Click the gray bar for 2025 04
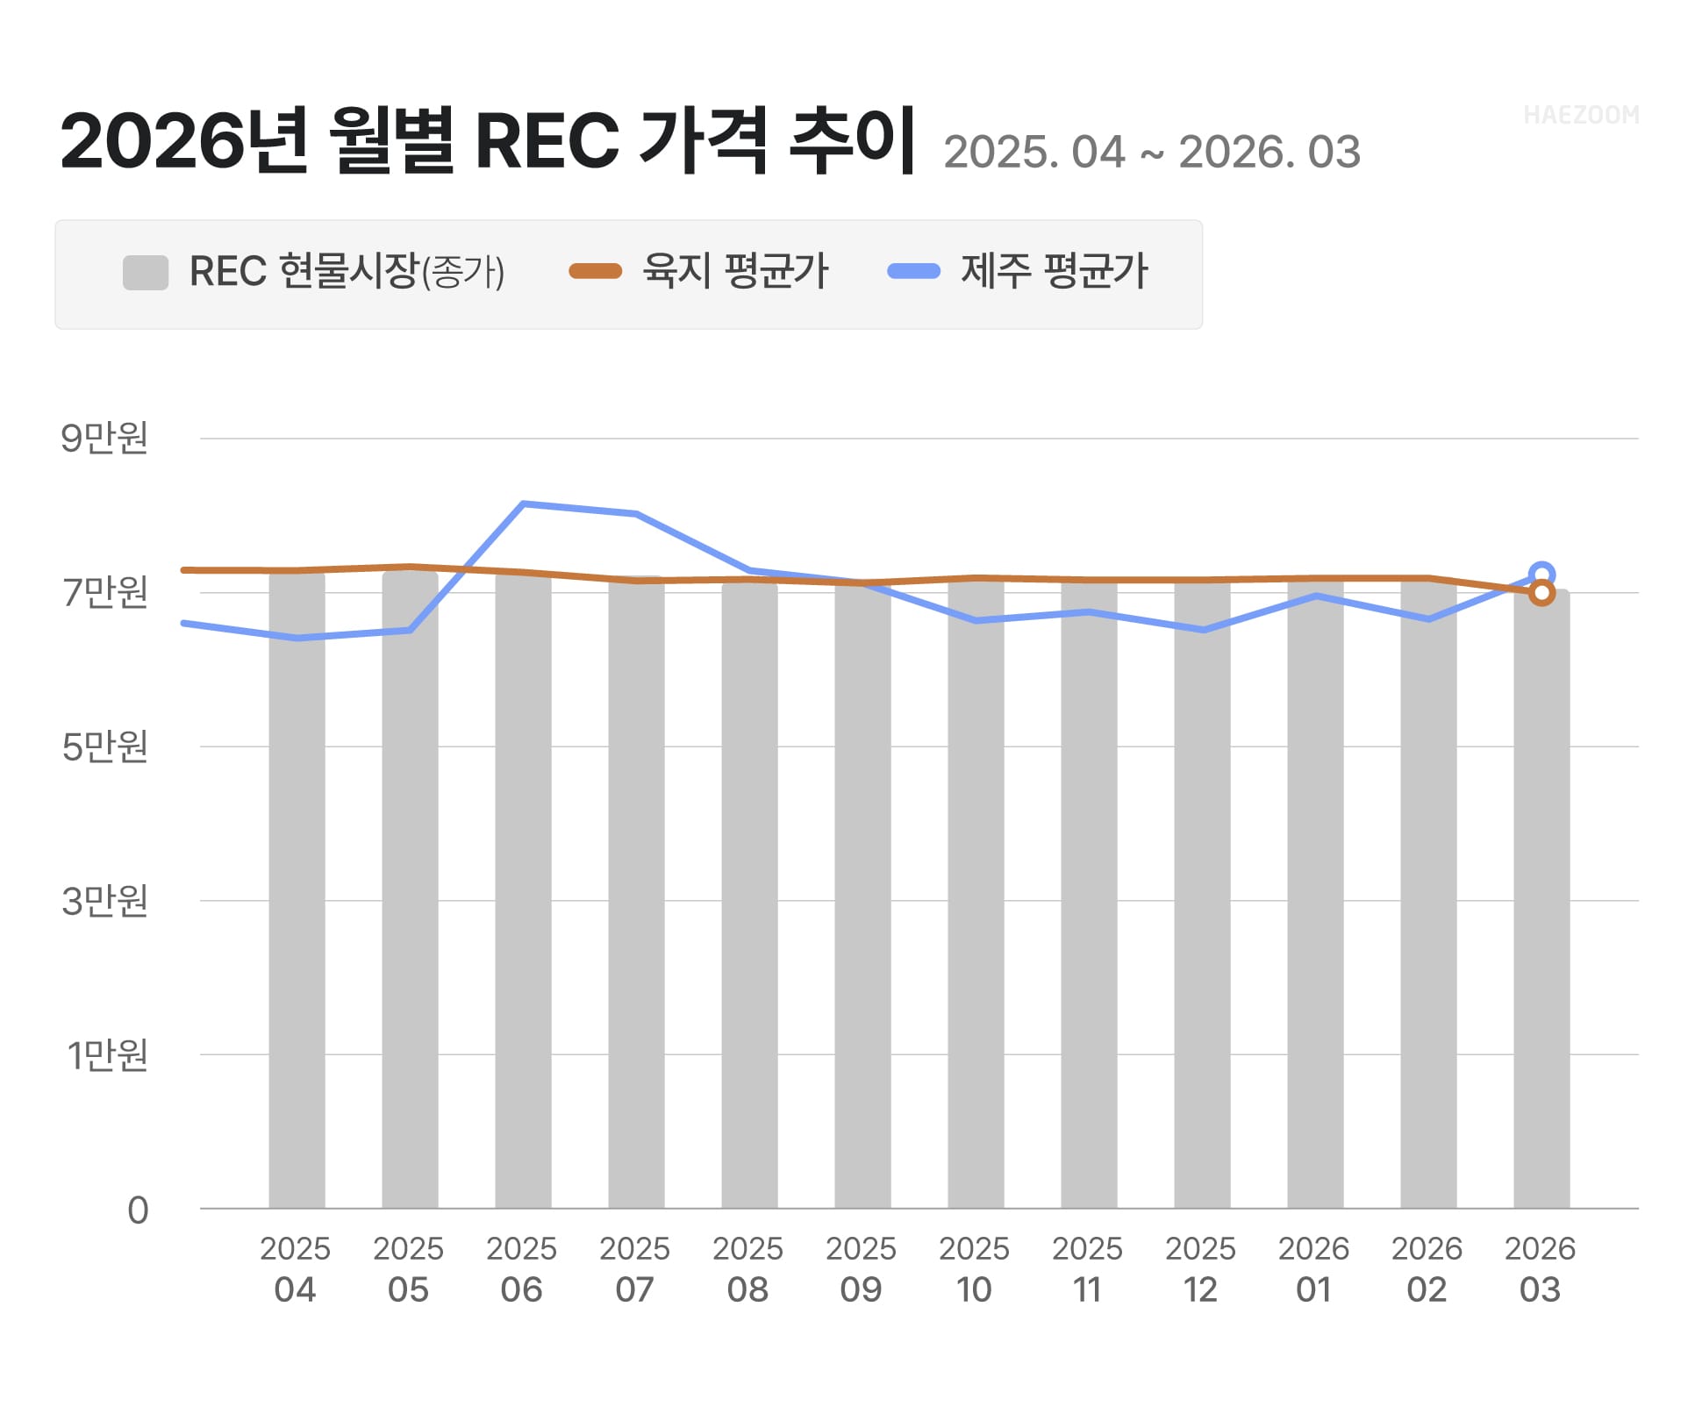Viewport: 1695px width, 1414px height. (297, 890)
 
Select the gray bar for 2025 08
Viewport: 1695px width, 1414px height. (749, 895)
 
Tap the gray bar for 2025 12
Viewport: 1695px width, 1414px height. (1202, 895)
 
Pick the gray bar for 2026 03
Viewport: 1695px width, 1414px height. (1541, 899)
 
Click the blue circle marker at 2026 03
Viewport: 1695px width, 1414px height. (1541, 575)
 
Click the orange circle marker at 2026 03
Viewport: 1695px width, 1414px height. (1541, 594)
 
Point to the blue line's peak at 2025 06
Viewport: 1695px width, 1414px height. (523, 503)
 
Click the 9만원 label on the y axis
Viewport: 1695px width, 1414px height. (104, 438)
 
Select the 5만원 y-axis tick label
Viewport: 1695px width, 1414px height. (104, 746)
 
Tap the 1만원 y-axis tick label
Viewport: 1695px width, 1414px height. (107, 1055)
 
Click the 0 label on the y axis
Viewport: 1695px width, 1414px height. (138, 1210)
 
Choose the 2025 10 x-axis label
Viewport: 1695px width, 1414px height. (974, 1268)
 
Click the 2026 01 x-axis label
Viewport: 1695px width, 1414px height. (1313, 1268)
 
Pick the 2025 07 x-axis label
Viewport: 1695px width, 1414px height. (634, 1268)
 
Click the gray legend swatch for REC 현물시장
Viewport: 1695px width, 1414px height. (146, 272)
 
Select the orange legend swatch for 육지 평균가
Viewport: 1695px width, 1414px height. (595, 272)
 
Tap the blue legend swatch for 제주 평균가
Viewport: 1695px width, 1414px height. (913, 272)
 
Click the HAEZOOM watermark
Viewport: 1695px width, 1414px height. (1581, 115)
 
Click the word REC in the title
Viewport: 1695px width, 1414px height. (547, 140)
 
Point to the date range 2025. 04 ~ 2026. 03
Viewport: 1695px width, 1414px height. (1151, 153)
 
